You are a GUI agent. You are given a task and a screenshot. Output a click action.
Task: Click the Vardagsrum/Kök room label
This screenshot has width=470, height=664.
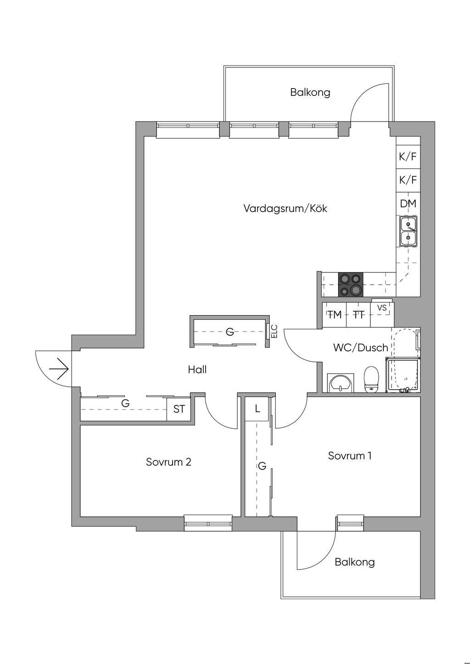[x=285, y=208]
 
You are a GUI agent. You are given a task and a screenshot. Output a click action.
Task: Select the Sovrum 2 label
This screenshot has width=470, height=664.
[x=168, y=462]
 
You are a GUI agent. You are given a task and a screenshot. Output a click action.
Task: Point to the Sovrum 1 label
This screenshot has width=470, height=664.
[x=350, y=456]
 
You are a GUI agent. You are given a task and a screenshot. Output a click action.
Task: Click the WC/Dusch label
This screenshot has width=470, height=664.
[x=360, y=348]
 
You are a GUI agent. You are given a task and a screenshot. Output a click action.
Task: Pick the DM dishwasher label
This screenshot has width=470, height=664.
[x=408, y=204]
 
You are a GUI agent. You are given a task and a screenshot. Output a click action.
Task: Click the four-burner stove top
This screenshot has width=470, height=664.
[x=350, y=284]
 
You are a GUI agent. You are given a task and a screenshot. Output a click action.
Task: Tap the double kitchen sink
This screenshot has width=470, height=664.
[x=408, y=231]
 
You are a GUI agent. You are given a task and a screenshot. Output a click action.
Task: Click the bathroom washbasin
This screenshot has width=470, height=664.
[x=341, y=383]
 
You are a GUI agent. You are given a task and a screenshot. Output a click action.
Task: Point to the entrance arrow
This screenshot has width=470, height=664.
[x=59, y=369]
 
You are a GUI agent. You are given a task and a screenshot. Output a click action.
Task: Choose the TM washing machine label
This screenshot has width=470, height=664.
[x=335, y=315]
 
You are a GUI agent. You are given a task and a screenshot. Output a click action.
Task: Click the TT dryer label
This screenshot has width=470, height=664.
[x=359, y=315]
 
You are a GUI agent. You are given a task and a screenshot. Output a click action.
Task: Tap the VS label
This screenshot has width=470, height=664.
[x=382, y=308]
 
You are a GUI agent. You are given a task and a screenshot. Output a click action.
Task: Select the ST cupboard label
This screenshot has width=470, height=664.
[x=179, y=409]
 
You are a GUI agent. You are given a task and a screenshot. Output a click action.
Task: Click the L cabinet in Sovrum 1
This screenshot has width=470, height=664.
[x=257, y=409]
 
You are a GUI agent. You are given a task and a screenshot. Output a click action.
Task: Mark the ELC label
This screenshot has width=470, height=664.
[x=274, y=332]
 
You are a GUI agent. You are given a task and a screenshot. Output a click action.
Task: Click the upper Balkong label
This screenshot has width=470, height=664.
[x=310, y=93]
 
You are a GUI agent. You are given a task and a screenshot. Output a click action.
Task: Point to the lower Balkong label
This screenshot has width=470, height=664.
[x=355, y=562]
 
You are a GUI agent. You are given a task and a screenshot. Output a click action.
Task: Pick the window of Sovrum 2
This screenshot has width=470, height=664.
[x=208, y=524]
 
